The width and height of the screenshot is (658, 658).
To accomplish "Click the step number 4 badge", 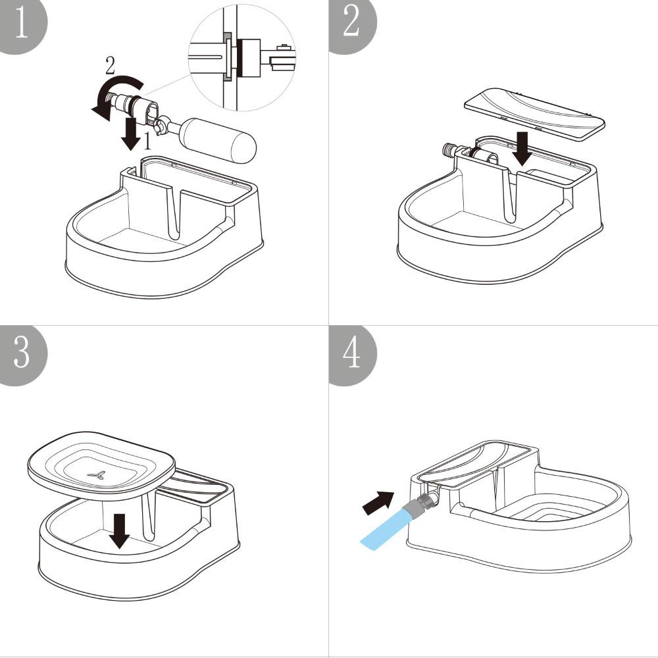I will tap(351, 353).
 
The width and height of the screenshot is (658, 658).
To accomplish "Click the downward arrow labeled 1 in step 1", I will tap(132, 133).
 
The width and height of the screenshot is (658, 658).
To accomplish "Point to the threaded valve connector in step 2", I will tap(453, 149).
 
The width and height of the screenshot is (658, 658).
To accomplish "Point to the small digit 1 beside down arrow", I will tap(148, 140).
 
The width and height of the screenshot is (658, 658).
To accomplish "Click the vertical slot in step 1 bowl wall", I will tap(176, 211).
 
